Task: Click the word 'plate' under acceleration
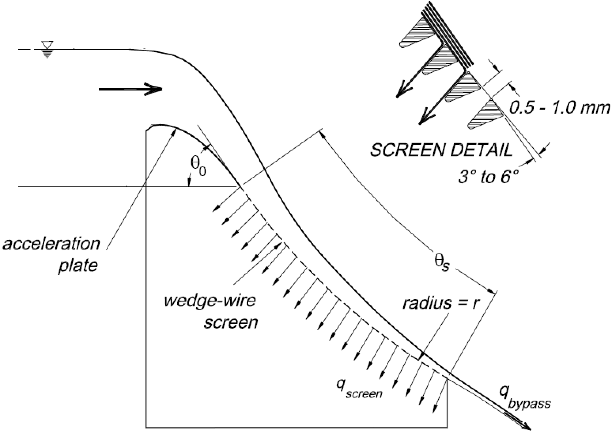(78, 266)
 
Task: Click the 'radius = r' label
(440, 303)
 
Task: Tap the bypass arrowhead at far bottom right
(526, 426)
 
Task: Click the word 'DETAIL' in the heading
(481, 150)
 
